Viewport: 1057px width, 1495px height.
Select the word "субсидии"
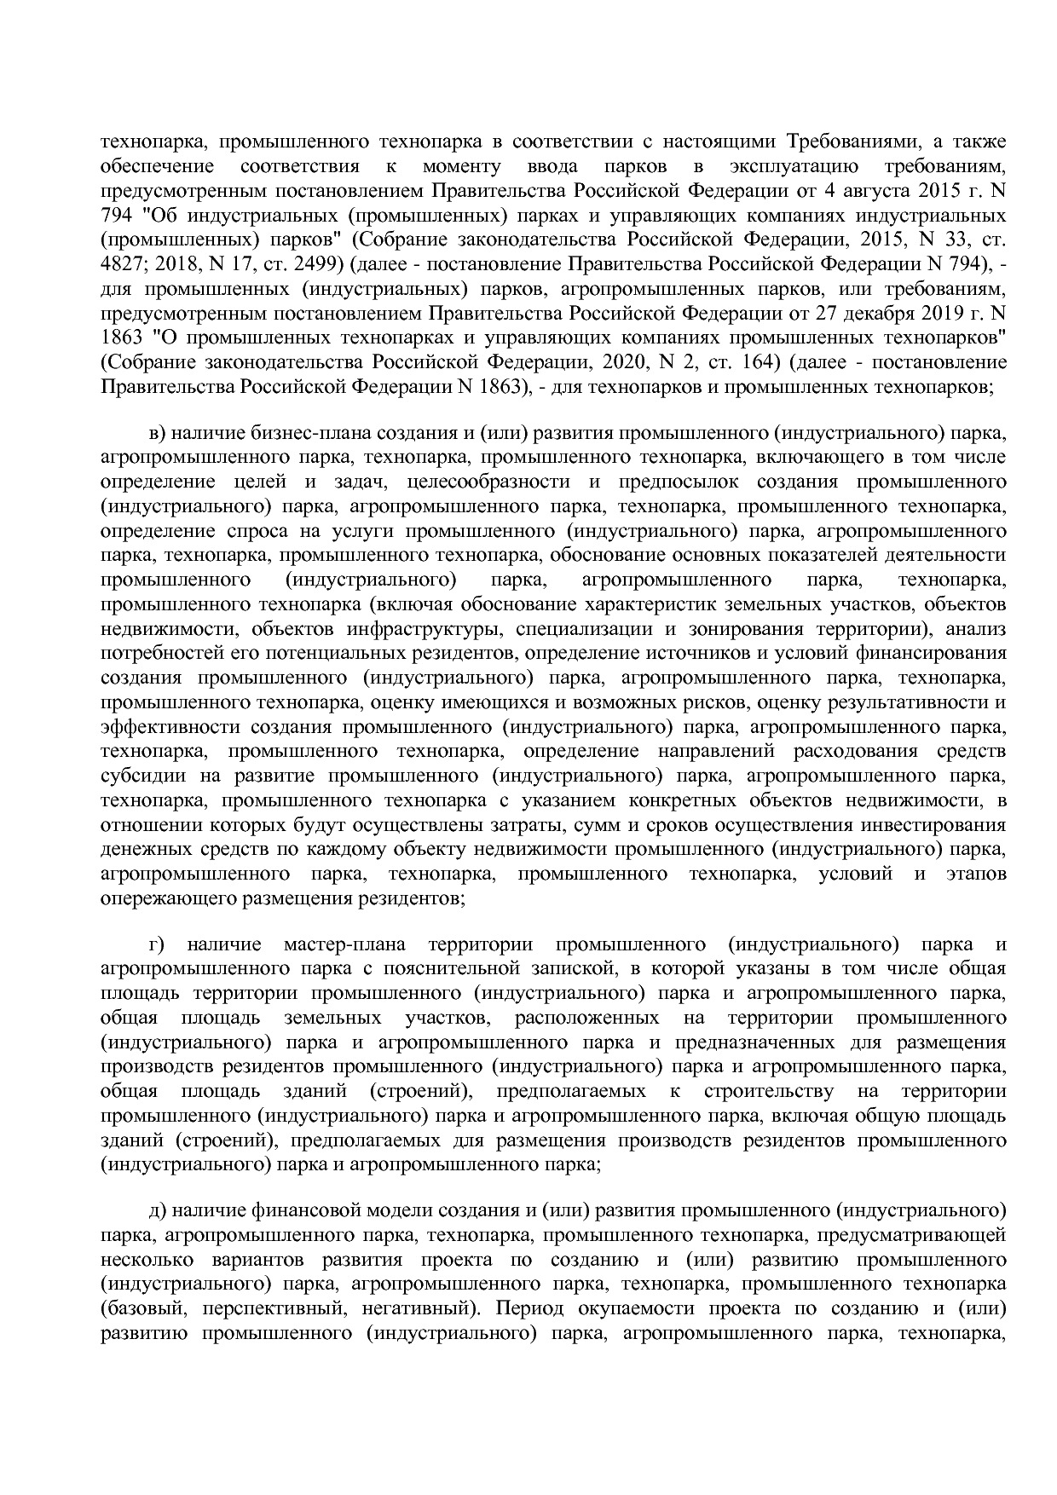(x=138, y=776)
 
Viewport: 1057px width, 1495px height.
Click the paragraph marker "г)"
(x=156, y=944)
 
